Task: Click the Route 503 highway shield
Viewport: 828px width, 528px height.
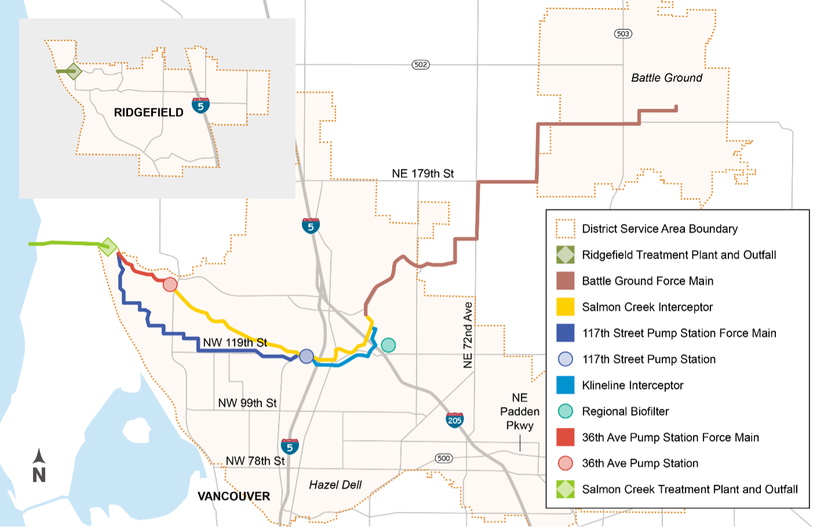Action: [x=623, y=34]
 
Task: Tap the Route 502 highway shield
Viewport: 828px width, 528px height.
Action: [x=421, y=64]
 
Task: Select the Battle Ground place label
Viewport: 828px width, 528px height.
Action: [x=666, y=77]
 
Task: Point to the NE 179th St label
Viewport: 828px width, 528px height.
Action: [x=423, y=173]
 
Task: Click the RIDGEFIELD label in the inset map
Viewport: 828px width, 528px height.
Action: [x=148, y=112]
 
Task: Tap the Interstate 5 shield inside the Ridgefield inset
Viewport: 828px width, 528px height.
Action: [x=200, y=105]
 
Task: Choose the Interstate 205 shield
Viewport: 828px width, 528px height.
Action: [x=455, y=420]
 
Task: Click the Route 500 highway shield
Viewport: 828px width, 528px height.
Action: [x=444, y=458]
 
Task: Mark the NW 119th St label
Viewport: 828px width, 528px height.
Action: [x=235, y=342]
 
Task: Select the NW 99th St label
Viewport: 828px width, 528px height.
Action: [x=247, y=403]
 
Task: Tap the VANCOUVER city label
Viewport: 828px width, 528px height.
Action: [x=234, y=496]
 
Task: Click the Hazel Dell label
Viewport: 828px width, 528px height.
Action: [x=335, y=485]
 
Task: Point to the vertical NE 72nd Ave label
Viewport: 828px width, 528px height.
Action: [x=468, y=335]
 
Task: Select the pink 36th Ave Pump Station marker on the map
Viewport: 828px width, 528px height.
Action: [x=170, y=284]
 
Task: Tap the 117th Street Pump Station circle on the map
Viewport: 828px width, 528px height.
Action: [x=306, y=356]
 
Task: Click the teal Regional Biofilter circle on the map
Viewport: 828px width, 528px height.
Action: [x=389, y=345]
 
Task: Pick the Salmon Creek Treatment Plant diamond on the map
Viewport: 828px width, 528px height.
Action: [x=108, y=247]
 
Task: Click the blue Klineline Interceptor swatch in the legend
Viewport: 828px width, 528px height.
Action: [x=565, y=385]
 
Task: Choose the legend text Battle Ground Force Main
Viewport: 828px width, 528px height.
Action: [x=647, y=281]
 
